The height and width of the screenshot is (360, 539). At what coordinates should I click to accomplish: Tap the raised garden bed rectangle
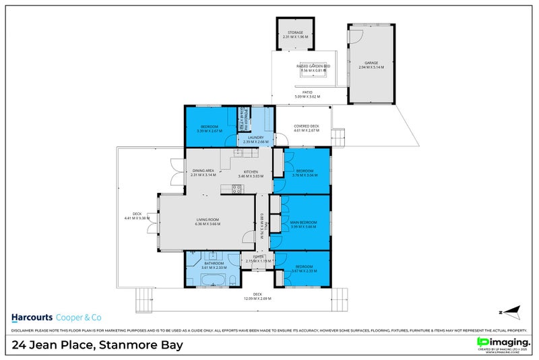point(313,73)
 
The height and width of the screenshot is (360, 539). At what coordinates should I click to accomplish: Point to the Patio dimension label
point(307,96)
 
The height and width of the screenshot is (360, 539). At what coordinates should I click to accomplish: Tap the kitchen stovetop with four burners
point(236,189)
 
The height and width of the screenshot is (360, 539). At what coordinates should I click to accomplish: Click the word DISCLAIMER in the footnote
point(24,330)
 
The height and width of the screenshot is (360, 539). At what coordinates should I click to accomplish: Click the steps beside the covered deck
point(340,136)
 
